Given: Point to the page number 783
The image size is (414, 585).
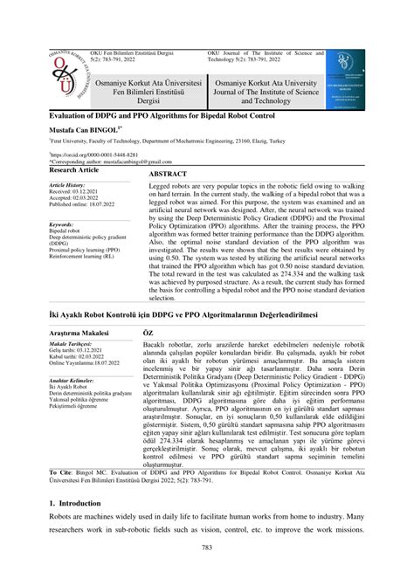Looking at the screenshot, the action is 207,572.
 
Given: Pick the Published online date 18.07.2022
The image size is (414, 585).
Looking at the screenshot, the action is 108,204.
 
